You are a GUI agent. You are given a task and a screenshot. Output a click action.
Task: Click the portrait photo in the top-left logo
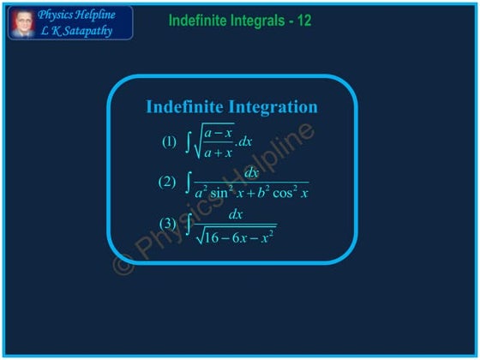(22, 22)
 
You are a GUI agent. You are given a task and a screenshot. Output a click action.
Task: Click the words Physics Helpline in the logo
(84, 15)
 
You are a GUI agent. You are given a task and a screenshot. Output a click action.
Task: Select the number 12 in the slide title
(303, 20)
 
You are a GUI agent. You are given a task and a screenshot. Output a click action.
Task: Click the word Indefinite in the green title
(197, 20)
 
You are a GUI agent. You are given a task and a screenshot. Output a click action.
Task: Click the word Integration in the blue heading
(275, 107)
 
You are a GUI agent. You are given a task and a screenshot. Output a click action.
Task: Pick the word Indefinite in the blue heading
(184, 107)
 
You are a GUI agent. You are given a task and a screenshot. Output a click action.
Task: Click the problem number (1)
(171, 141)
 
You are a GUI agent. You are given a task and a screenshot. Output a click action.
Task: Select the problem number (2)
(167, 182)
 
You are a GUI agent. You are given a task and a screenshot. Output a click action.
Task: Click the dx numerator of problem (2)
(252, 173)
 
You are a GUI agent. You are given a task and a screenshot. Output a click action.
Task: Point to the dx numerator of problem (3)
(236, 214)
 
